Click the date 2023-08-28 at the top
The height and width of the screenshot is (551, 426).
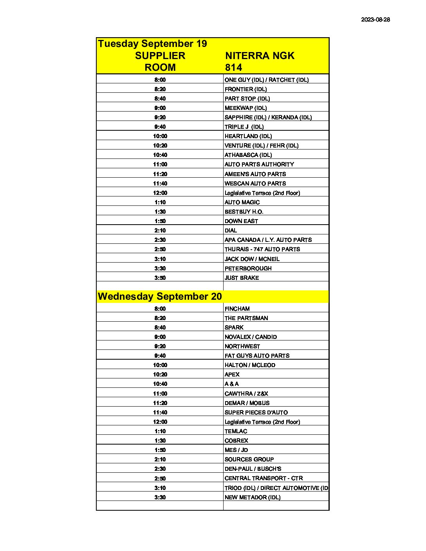click(x=375, y=20)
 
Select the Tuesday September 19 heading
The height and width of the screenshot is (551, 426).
click(x=152, y=43)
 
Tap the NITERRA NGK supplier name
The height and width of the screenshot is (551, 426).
click(x=260, y=56)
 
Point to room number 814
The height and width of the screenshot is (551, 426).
click(x=234, y=67)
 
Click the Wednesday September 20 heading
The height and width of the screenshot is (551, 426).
click(x=160, y=296)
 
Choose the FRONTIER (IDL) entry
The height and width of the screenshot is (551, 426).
click(x=245, y=89)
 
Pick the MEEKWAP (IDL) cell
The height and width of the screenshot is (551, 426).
click(x=245, y=108)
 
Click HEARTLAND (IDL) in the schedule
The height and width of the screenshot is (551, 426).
click(x=248, y=136)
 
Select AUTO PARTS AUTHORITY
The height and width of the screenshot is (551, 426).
click(x=259, y=164)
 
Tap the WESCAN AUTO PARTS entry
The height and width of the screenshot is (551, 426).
click(x=255, y=184)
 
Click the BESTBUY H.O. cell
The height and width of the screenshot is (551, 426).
click(x=244, y=212)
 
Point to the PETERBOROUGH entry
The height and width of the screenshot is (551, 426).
click(x=248, y=268)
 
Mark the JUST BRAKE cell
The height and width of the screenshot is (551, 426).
click(x=242, y=278)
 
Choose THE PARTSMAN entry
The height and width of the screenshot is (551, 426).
click(x=246, y=318)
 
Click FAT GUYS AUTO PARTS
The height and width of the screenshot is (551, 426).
click(x=257, y=356)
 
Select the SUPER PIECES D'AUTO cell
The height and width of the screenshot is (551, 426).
click(x=256, y=412)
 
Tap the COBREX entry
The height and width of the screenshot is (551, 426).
click(x=236, y=441)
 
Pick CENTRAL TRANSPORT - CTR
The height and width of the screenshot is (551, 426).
click(x=264, y=478)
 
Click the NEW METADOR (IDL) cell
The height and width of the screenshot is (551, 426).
click(x=253, y=497)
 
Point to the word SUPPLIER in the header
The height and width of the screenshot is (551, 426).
click(x=160, y=56)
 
